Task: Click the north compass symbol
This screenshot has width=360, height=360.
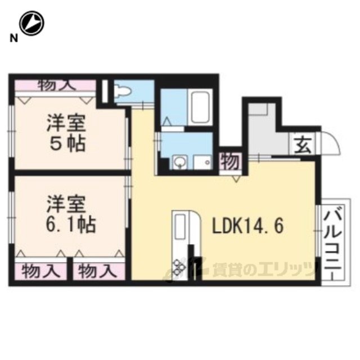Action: tap(31, 23)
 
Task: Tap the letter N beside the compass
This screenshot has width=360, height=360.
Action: tap(13, 38)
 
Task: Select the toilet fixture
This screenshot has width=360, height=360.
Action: tap(123, 91)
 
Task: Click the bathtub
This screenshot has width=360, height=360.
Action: tap(200, 107)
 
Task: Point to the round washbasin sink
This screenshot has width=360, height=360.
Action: tap(179, 163)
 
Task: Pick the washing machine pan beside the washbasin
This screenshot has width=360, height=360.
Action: tap(202, 163)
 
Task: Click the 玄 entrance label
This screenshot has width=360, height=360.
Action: tap(303, 145)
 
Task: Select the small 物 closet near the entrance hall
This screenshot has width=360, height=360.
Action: tap(231, 161)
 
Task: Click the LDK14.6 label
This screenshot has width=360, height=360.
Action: tap(248, 226)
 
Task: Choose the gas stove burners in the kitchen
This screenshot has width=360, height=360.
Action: tap(179, 268)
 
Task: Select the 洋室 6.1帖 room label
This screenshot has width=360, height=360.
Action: tap(70, 214)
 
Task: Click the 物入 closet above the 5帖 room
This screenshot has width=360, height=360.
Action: tap(55, 85)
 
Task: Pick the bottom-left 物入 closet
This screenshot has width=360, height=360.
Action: tap(41, 271)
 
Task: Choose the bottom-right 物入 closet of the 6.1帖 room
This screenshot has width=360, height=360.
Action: tap(99, 271)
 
